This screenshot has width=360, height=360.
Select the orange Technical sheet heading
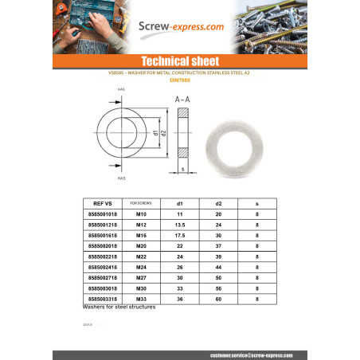click(179, 61)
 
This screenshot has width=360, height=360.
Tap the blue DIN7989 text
click(179, 80)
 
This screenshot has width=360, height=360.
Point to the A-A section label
click(182, 100)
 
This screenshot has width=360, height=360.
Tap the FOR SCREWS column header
click(141, 203)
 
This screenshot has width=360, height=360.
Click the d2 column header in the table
click(217, 203)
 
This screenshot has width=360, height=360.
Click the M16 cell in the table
click(141, 236)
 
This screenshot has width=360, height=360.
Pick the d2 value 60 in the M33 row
click(217, 298)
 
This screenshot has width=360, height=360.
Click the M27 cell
click(141, 277)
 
